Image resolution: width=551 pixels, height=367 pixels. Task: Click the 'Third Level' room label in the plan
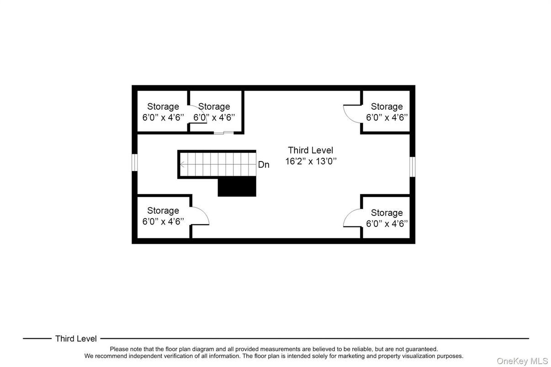(310, 150)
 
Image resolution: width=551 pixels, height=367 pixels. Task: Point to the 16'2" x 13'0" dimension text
(311, 161)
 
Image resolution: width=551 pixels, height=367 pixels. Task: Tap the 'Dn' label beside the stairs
(264, 165)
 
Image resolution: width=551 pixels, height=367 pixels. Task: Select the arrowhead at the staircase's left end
(182, 165)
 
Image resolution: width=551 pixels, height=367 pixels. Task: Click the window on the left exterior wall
(135, 162)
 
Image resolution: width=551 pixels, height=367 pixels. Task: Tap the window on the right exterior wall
(413, 166)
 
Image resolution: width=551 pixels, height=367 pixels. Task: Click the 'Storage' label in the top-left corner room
(163, 107)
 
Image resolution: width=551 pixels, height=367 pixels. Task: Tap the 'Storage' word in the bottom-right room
(387, 213)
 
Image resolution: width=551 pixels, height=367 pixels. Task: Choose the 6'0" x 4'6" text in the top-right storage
(387, 117)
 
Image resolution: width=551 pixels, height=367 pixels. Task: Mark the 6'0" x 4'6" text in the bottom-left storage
(163, 221)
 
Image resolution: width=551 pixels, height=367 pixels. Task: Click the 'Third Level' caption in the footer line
(76, 339)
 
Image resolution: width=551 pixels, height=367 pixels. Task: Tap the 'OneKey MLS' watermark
(522, 361)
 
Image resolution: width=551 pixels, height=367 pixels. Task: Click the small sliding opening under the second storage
(224, 133)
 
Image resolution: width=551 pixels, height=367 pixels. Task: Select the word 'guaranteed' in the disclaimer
(420, 349)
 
